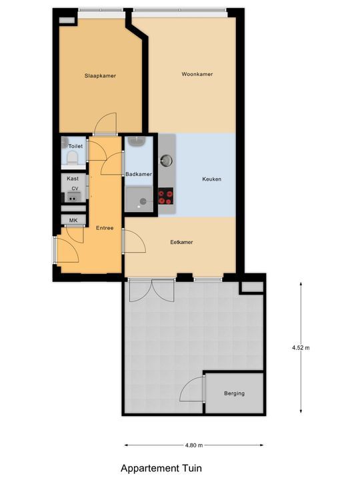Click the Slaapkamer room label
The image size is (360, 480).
click(x=100, y=76)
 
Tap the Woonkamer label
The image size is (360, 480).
click(x=197, y=74)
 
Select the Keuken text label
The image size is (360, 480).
click(x=212, y=179)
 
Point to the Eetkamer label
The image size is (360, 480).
click(x=181, y=242)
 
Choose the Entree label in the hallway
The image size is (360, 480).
click(x=105, y=228)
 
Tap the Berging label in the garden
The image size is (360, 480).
click(x=234, y=393)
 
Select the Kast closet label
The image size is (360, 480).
click(x=73, y=179)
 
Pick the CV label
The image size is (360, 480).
click(x=75, y=189)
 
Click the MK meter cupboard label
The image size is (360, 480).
click(x=73, y=220)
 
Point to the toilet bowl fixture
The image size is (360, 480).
click(x=73, y=157)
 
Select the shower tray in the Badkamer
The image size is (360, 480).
click(x=139, y=198)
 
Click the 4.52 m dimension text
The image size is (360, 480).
click(x=301, y=347)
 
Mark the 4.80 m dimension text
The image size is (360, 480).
click(x=193, y=445)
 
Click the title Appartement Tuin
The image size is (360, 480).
click(x=161, y=468)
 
